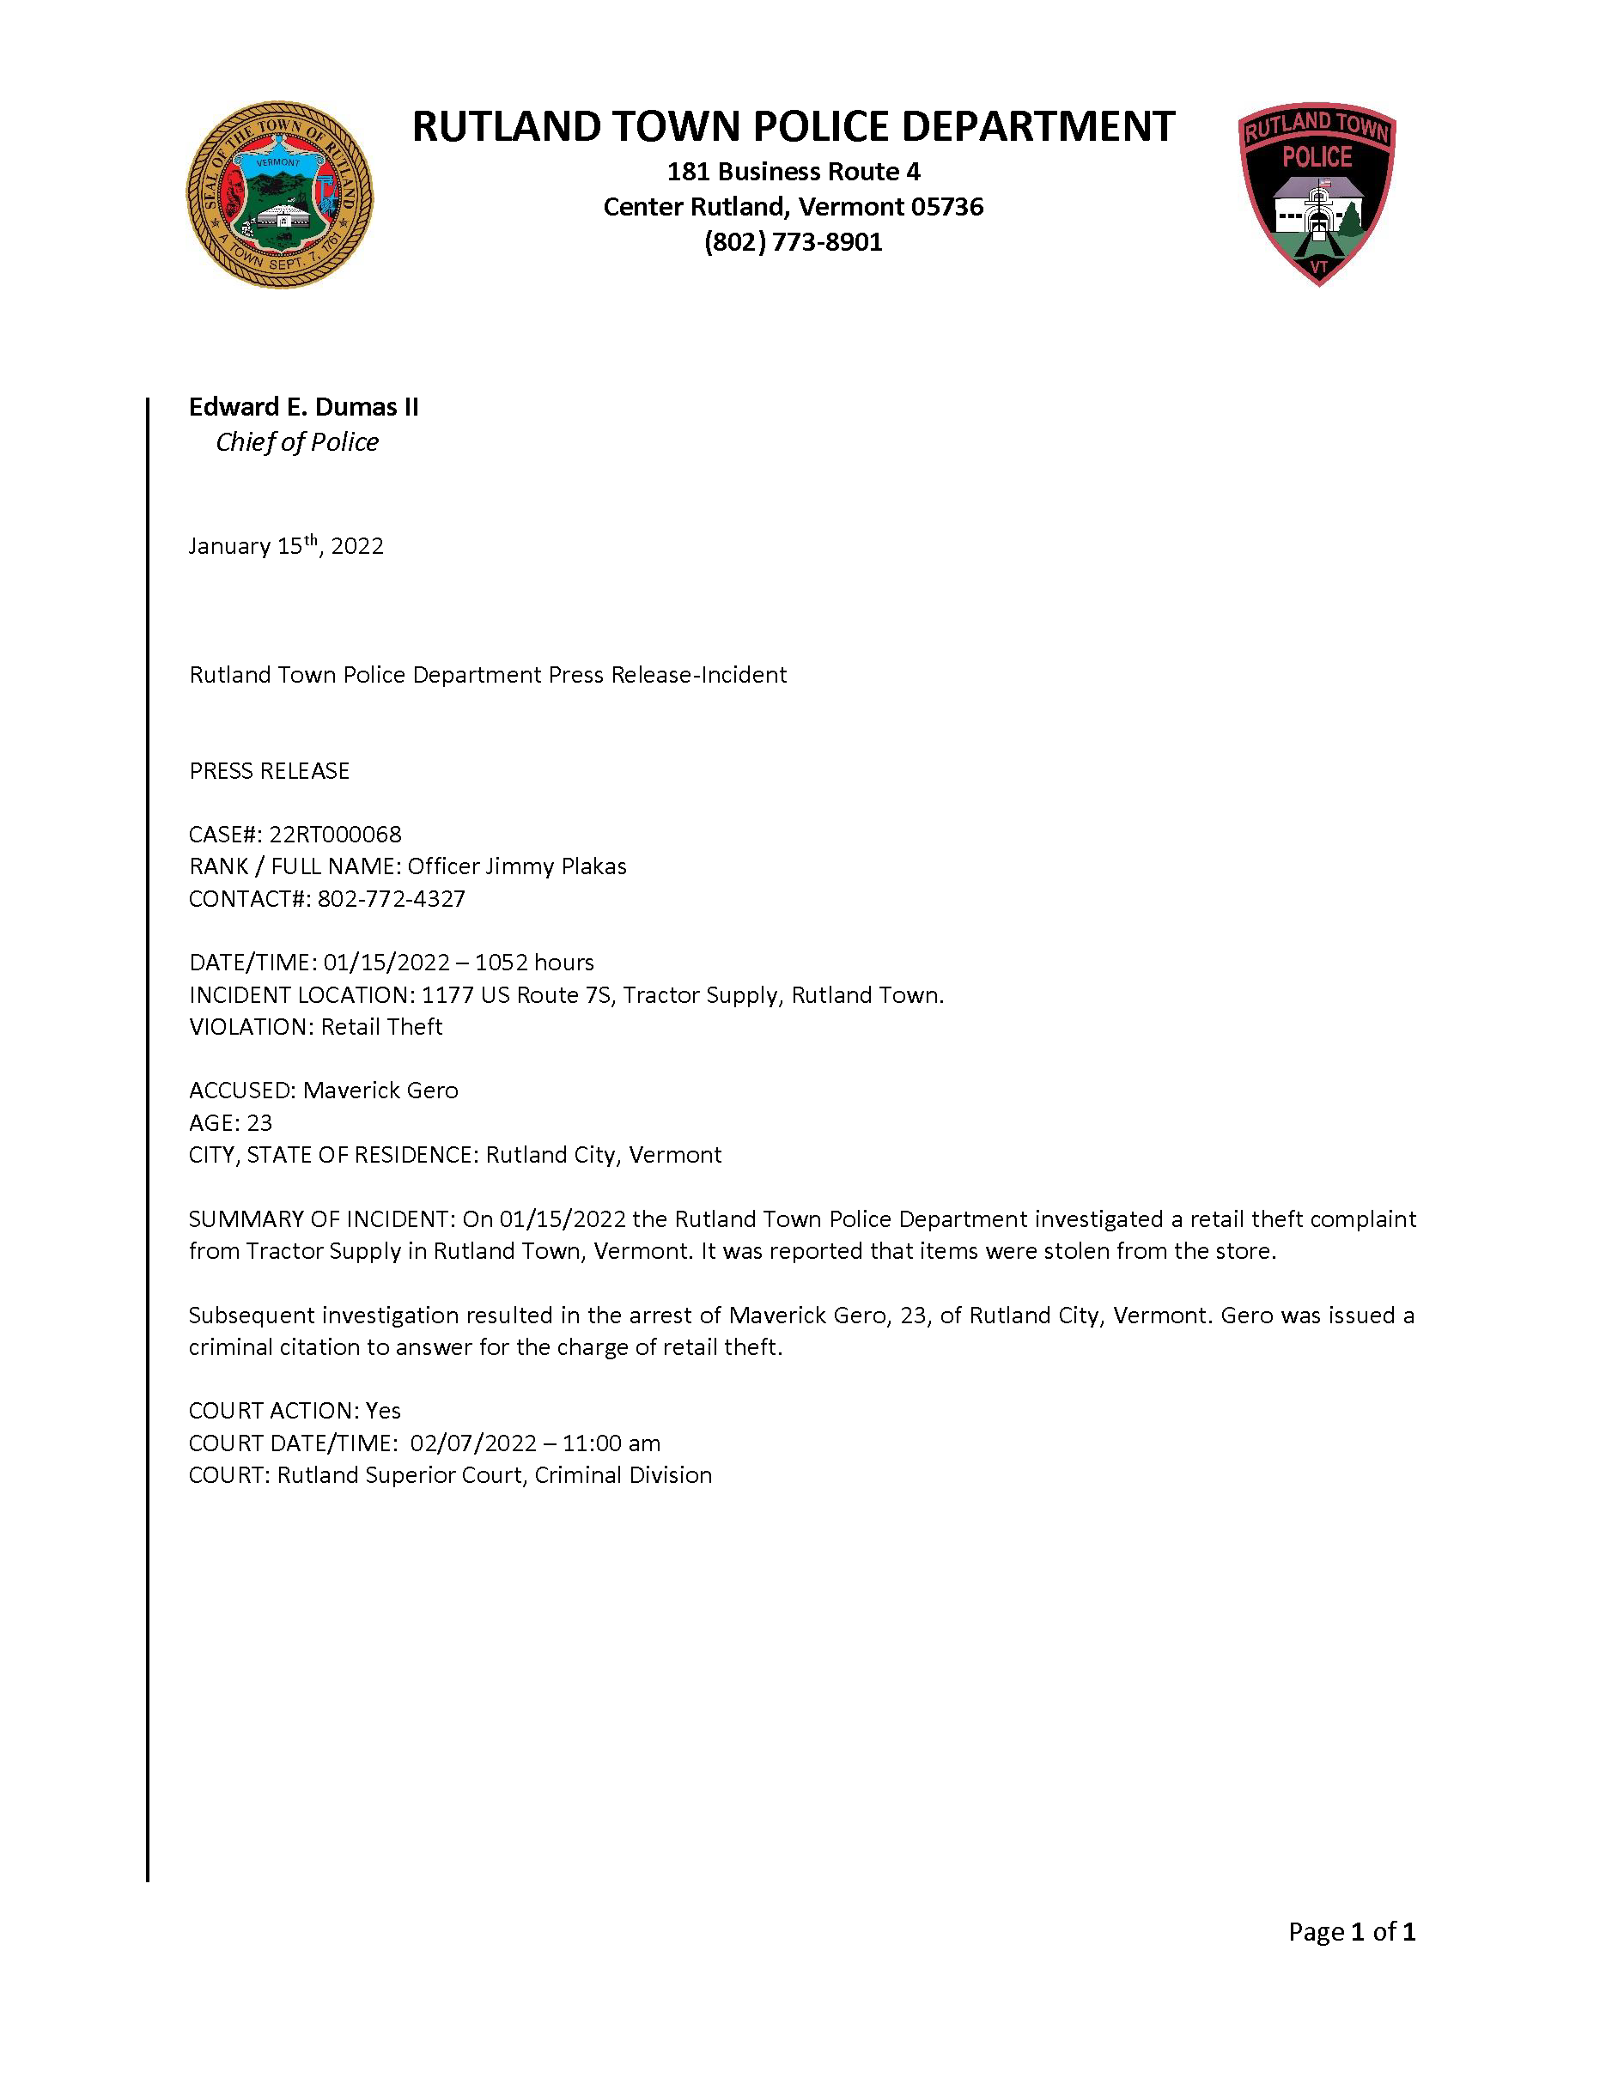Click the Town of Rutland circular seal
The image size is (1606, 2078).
pyautogui.click(x=279, y=195)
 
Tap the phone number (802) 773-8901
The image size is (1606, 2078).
pyautogui.click(x=793, y=243)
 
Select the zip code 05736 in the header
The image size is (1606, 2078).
pyautogui.click(x=946, y=208)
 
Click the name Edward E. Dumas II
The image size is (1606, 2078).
pyautogui.click(x=303, y=407)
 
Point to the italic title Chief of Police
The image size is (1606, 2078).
pyautogui.click(x=297, y=442)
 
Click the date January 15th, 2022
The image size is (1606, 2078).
pyautogui.click(x=285, y=546)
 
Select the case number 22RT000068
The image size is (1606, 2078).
pyautogui.click(x=335, y=835)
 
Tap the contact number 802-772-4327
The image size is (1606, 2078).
pyautogui.click(x=391, y=899)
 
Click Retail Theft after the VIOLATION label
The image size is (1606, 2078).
pyautogui.click(x=381, y=1028)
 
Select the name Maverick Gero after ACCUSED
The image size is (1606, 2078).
pyautogui.click(x=380, y=1091)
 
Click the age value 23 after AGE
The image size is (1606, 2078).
pyautogui.click(x=259, y=1123)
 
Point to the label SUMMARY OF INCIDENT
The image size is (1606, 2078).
pyautogui.click(x=321, y=1220)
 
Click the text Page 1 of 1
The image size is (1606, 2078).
pyautogui.click(x=1351, y=1932)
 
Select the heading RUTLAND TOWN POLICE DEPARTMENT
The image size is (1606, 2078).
pyautogui.click(x=793, y=126)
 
